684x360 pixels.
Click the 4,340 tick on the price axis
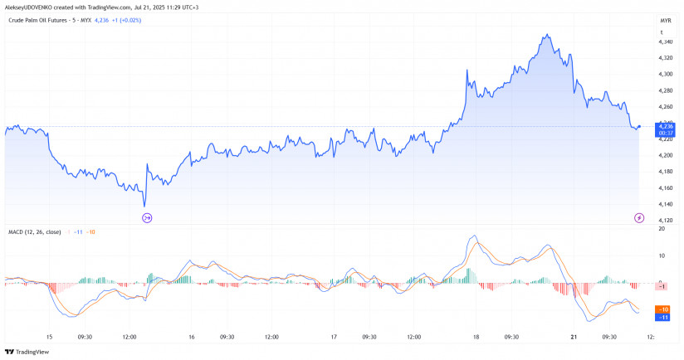tap(665, 41)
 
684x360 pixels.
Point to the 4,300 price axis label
tap(665, 74)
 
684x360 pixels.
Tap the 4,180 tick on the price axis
tap(665, 172)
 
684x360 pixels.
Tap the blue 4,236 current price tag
tap(666, 127)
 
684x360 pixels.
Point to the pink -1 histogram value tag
tap(662, 285)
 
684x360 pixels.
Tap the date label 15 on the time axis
tap(49, 337)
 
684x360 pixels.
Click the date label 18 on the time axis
tap(476, 337)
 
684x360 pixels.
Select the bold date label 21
tap(573, 337)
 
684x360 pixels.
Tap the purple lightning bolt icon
tap(638, 217)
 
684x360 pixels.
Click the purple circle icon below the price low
tap(147, 217)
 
